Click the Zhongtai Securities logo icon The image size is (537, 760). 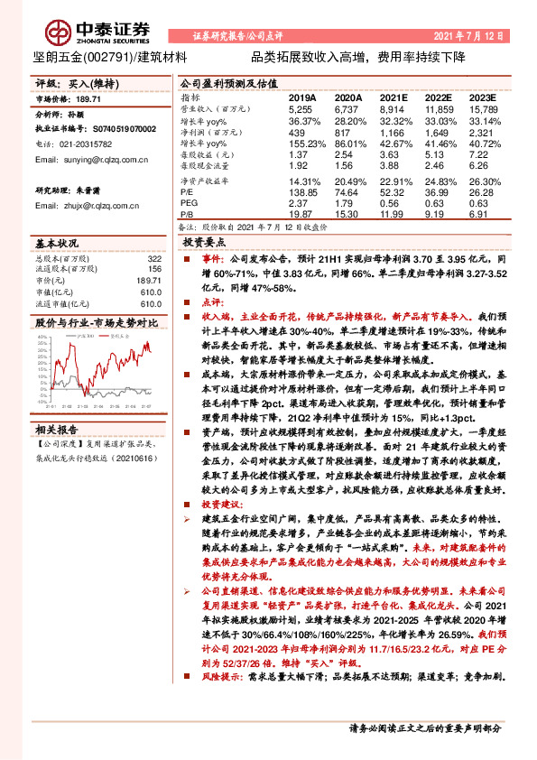[x=60, y=33]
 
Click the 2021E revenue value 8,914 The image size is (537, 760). [x=393, y=107]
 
